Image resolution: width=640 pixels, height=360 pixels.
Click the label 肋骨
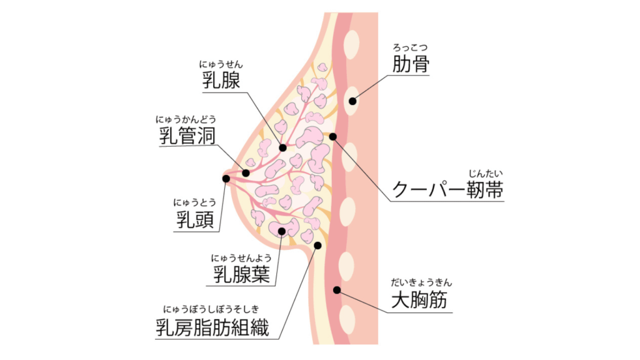click(411, 64)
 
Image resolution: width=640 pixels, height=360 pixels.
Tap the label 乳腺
click(221, 79)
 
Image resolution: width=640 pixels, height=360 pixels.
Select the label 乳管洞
click(187, 135)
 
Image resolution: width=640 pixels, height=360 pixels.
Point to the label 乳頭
click(194, 219)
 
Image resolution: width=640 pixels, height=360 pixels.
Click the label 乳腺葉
click(242, 274)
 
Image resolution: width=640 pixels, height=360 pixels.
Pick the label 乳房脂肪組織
click(212, 326)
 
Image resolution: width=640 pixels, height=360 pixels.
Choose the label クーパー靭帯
click(447, 189)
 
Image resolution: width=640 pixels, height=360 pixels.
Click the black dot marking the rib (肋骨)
click(353, 101)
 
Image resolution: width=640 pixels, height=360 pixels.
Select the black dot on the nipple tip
click(226, 178)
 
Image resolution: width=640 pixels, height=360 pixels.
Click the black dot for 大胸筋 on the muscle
click(337, 289)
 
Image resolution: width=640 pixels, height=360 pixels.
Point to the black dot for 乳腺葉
click(282, 231)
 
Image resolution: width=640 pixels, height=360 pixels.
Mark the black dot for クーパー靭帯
click(333, 136)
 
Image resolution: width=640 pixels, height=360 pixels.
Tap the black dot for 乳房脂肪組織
click(319, 245)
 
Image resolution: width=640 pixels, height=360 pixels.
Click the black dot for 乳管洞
click(246, 173)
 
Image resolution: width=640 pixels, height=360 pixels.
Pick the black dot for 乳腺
click(283, 148)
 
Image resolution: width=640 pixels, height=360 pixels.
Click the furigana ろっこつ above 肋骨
click(410, 46)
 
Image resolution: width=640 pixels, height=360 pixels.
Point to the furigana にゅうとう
click(194, 202)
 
